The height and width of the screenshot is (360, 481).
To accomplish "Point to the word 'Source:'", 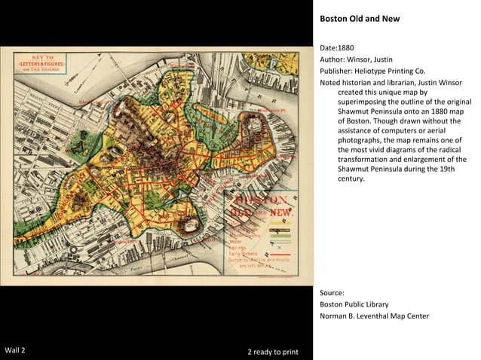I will click(x=332, y=292).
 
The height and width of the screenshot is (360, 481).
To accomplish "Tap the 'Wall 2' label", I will click(x=16, y=351).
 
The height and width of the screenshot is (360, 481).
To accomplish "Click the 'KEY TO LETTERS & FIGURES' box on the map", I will click(x=41, y=63).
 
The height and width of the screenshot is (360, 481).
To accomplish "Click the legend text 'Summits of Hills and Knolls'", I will click(x=259, y=259).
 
